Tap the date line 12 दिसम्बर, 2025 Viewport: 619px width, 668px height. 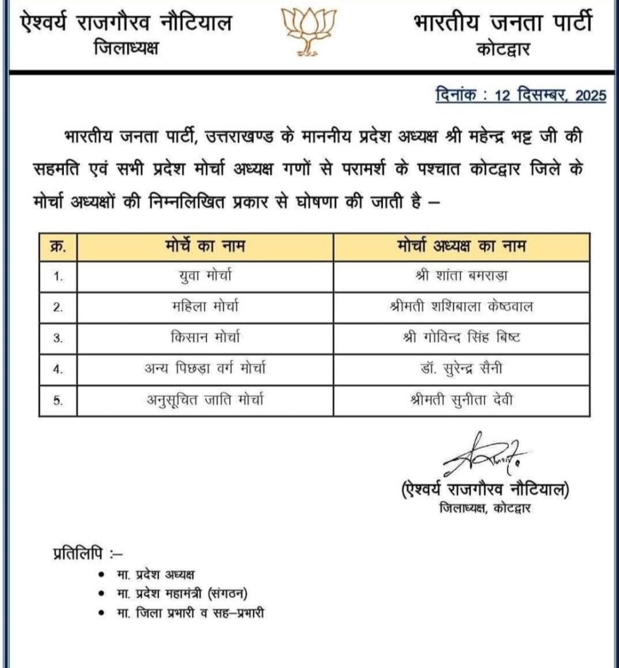pos(521,96)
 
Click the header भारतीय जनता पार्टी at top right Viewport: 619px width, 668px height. pos(502,23)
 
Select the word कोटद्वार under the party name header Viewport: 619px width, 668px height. pos(503,51)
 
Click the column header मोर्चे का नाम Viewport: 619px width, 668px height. pos(205,247)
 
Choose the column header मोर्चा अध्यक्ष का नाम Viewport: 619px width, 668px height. pos(461,247)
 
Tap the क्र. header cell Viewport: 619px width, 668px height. pos(58,247)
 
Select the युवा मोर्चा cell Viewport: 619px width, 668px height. pos(205,276)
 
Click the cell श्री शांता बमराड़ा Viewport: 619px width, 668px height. pos(461,276)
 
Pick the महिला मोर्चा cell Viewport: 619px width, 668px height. pos(205,307)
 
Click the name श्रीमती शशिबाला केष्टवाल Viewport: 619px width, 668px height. pos(461,307)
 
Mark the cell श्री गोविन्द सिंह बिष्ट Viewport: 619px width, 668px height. pos(461,338)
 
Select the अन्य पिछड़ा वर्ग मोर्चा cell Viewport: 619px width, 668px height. pos(205,369)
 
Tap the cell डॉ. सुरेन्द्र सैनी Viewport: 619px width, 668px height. pos(461,369)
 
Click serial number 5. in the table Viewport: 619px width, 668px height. pos(58,401)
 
